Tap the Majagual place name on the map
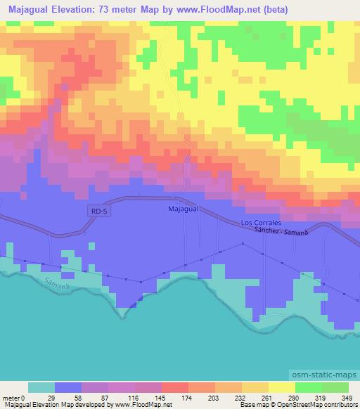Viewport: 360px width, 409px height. point(184,209)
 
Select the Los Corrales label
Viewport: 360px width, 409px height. point(261,222)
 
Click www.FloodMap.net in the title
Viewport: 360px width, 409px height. point(210,8)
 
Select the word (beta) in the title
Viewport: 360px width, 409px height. point(266,8)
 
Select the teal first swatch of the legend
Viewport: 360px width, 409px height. point(41,387)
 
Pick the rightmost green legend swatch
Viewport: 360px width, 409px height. point(335,387)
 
